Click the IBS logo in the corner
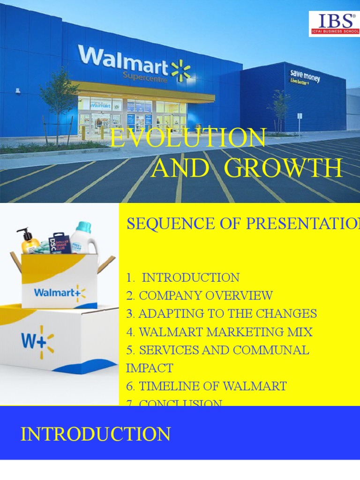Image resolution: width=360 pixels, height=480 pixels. [334, 24]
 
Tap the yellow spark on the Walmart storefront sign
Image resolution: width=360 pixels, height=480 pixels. [181, 70]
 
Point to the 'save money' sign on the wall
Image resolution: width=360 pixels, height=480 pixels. [304, 76]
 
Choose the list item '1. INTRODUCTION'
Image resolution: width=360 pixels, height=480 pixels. [183, 277]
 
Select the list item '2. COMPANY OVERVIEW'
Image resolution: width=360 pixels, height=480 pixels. [199, 296]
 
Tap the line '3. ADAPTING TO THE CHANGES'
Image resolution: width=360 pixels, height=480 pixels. [221, 314]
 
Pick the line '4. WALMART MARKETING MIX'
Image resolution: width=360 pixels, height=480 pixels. [219, 332]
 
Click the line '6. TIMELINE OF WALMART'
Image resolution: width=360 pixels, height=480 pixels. [206, 386]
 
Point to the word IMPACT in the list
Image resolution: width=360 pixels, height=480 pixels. [150, 368]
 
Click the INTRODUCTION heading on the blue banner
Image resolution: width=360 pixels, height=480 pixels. [95, 434]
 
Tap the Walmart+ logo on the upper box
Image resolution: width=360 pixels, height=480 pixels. [60, 293]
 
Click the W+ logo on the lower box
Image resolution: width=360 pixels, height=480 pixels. [37, 341]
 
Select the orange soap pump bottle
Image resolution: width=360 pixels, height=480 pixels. [29, 241]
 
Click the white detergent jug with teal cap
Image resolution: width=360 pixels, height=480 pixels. [85, 237]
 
